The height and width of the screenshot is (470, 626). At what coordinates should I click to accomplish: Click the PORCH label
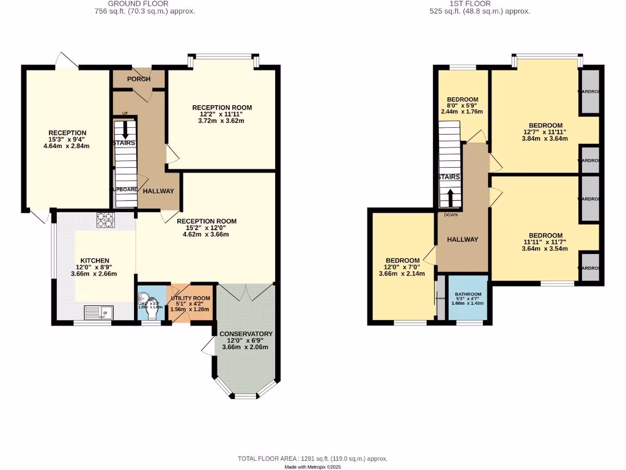(x=139, y=79)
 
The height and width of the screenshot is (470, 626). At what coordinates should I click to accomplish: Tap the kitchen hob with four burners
(x=105, y=220)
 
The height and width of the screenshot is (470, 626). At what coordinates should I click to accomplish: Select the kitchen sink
(x=98, y=313)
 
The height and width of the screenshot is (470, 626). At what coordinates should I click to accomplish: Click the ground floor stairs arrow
(x=125, y=130)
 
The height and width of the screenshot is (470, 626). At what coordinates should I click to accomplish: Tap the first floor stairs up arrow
(x=451, y=198)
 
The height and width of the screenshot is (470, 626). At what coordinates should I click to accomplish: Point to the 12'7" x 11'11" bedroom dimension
(x=545, y=132)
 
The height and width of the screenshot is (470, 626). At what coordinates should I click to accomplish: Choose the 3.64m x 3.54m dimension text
(x=545, y=249)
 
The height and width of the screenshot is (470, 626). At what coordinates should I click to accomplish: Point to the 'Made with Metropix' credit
(x=312, y=467)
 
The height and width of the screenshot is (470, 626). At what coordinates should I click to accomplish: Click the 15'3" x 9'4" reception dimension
(x=67, y=140)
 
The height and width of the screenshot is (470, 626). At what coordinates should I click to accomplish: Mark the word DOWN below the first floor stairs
(x=451, y=215)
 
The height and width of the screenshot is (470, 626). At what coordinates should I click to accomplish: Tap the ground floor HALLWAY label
(x=158, y=191)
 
